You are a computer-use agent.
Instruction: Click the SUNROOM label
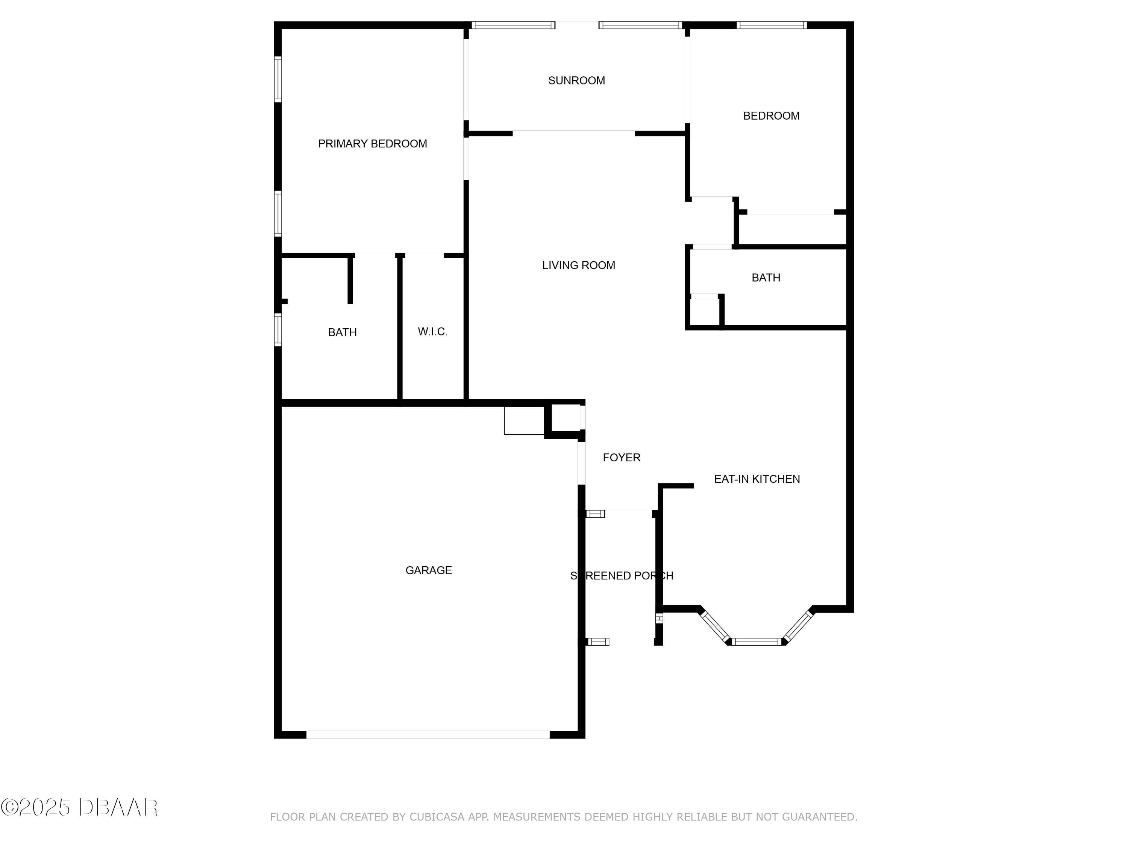pyautogui.click(x=576, y=80)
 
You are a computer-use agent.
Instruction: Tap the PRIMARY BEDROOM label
pyautogui.click(x=372, y=144)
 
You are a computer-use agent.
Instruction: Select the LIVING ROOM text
pyautogui.click(x=578, y=265)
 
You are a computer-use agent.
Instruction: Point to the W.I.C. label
pyautogui.click(x=432, y=332)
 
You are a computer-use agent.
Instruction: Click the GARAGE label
pyautogui.click(x=428, y=570)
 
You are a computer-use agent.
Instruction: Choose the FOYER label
pyautogui.click(x=621, y=458)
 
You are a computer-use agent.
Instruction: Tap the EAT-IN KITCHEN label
pyautogui.click(x=757, y=479)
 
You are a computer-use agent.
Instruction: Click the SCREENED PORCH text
pyautogui.click(x=622, y=576)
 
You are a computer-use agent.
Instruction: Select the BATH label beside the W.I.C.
pyautogui.click(x=342, y=332)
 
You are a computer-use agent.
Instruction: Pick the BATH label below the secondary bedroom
pyautogui.click(x=766, y=277)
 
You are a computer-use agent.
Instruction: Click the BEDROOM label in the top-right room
pyautogui.click(x=771, y=116)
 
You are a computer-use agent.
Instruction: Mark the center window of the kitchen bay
pyautogui.click(x=757, y=641)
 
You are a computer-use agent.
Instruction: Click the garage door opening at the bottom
pyautogui.click(x=428, y=734)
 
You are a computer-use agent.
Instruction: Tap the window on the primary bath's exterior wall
pyautogui.click(x=278, y=330)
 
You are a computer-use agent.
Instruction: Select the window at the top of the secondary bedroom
pyautogui.click(x=772, y=25)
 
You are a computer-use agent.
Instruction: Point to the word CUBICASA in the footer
pyautogui.click(x=437, y=817)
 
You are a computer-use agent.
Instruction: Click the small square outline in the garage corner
pyautogui.click(x=524, y=421)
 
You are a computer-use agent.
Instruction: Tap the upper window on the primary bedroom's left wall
pyautogui.click(x=278, y=79)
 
